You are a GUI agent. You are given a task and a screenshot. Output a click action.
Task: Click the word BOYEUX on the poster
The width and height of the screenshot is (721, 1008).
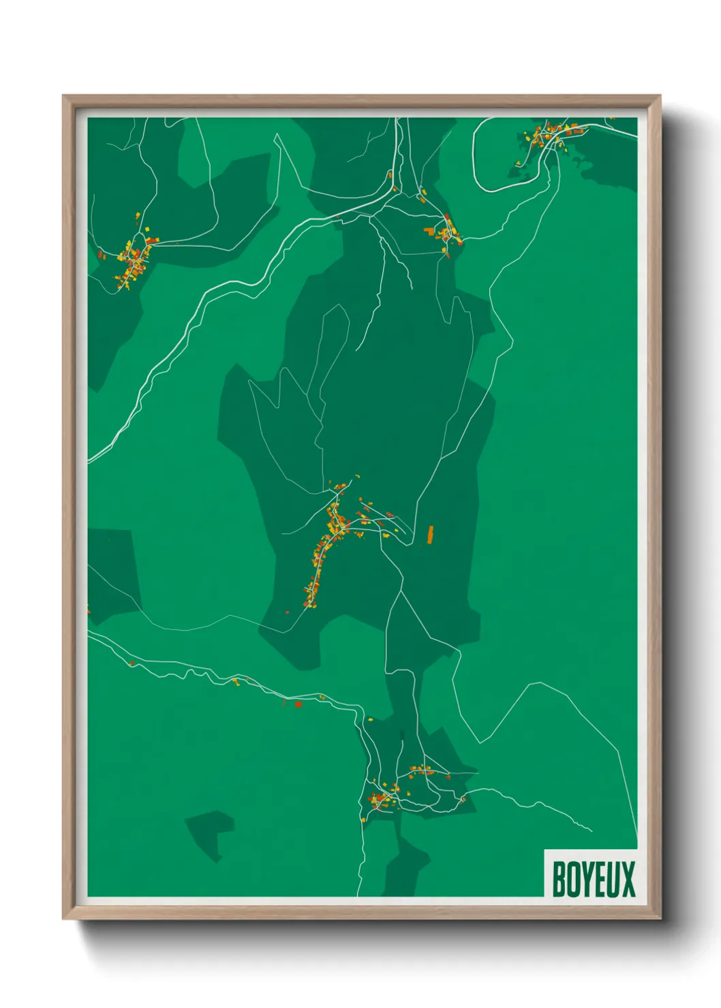tap(593, 879)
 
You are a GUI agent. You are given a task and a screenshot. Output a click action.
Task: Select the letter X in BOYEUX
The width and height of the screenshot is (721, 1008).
tap(628, 879)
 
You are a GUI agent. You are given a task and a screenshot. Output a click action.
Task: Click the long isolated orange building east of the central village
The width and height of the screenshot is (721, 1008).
tap(430, 535)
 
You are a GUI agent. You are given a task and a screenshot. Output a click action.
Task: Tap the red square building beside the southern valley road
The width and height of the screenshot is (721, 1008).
tap(298, 704)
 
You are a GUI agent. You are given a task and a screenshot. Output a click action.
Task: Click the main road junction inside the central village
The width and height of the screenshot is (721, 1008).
tap(346, 524)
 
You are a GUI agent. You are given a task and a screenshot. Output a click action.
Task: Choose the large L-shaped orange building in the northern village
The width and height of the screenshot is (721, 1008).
tap(431, 232)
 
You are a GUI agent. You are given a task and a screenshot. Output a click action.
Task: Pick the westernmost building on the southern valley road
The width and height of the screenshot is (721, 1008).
tap(132, 663)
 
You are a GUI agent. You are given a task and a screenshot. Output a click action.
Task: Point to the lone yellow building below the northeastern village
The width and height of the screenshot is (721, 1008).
tap(519, 163)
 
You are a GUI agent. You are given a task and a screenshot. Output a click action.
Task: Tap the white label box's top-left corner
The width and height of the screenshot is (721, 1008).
tap(545, 851)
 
